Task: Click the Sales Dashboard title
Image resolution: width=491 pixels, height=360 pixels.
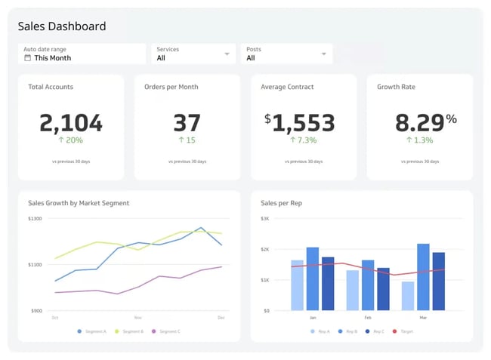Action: [62, 26]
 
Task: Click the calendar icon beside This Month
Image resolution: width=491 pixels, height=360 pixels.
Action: [28, 58]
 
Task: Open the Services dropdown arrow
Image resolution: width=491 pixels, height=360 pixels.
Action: [227, 54]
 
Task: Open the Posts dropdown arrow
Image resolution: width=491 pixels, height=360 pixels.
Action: [324, 54]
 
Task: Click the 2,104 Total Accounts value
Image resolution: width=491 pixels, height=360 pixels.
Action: [71, 122]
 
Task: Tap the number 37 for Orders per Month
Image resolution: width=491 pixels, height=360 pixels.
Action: [187, 122]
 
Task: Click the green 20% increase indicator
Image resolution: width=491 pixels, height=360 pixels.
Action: [71, 140]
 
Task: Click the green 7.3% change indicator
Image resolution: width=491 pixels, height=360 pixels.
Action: [304, 140]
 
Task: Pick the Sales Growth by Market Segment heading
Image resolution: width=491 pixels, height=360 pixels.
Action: [79, 203]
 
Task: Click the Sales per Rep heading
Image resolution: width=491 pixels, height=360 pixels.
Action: [281, 203]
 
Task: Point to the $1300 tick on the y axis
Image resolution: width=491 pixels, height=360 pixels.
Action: [36, 219]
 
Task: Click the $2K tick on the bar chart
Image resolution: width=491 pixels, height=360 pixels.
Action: [265, 249]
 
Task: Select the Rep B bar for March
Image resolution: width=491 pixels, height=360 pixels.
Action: [423, 277]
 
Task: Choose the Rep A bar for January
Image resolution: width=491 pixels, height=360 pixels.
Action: [297, 285]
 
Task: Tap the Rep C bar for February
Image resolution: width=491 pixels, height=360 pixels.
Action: [384, 289]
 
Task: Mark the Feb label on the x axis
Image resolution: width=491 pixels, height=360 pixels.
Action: [368, 318]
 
